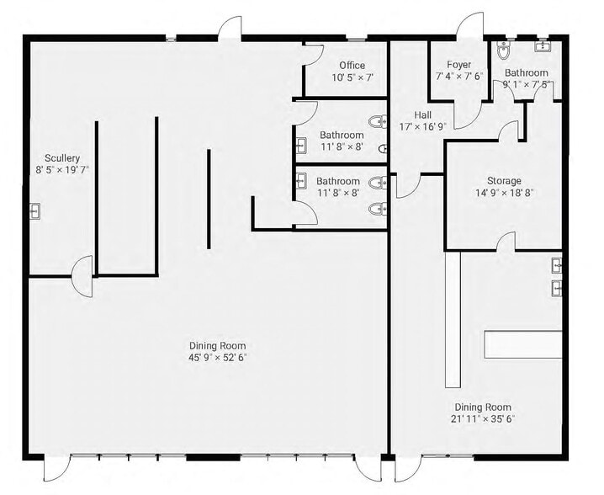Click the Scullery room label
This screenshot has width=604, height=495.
pyautogui.click(x=63, y=157)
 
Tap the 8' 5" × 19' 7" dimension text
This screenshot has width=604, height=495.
pyautogui.click(x=63, y=169)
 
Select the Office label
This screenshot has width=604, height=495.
pyautogui.click(x=352, y=66)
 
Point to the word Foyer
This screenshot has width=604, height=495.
pyautogui.click(x=458, y=65)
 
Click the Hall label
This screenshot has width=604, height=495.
pyautogui.click(x=422, y=115)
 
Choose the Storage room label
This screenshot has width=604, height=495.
pyautogui.click(x=504, y=180)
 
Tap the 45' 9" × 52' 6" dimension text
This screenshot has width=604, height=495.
pyautogui.click(x=217, y=358)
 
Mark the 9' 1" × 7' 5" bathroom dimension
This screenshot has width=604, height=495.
pyautogui.click(x=526, y=84)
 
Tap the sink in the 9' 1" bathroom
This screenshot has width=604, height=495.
pyautogui.click(x=543, y=45)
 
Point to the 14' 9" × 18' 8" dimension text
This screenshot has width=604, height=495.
pyautogui.click(x=504, y=192)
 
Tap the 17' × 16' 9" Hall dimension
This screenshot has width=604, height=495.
pyautogui.click(x=422, y=127)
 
